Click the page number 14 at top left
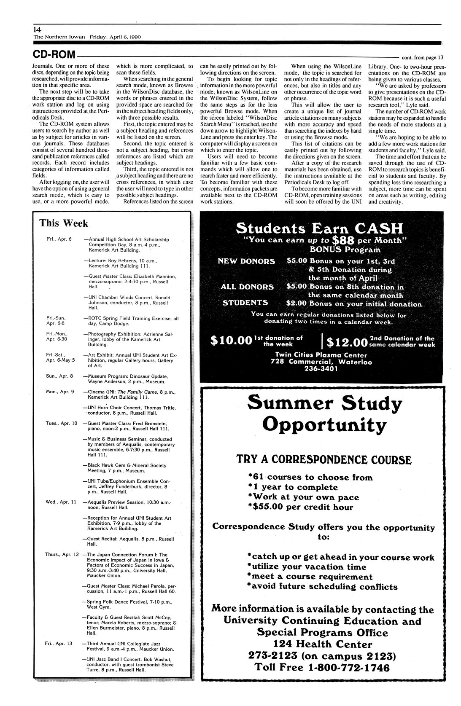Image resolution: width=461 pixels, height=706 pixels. pyautogui.click(x=37, y=30)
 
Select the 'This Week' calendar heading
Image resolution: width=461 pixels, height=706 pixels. pyautogui.click(x=64, y=223)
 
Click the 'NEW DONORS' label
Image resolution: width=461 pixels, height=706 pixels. pyautogui.click(x=246, y=261)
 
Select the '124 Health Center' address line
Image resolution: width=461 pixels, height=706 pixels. pyautogui.click(x=323, y=644)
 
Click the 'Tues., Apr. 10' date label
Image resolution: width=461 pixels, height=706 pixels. pyautogui.click(x=61, y=423)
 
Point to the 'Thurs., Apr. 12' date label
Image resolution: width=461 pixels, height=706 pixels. pyautogui.click(x=62, y=555)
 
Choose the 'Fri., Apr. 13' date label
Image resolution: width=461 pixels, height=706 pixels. pyautogui.click(x=59, y=644)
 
